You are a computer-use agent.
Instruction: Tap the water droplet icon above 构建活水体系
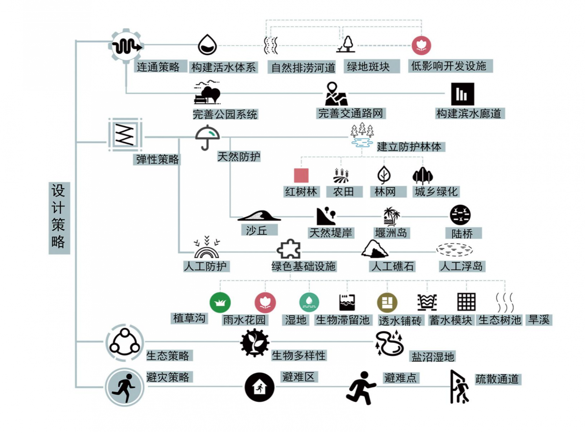(x=207, y=45)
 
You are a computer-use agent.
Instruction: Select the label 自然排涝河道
(x=303, y=67)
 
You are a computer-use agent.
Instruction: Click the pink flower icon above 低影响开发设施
(x=421, y=45)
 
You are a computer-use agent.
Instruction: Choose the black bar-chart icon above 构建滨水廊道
(x=462, y=94)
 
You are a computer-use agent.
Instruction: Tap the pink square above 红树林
(x=301, y=176)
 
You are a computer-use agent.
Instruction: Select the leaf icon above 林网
(x=384, y=175)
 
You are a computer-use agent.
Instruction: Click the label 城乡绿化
(x=436, y=192)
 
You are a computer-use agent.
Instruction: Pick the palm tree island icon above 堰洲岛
(x=392, y=216)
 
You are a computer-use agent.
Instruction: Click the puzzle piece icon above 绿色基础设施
(x=289, y=249)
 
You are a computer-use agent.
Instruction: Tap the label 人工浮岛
(x=461, y=266)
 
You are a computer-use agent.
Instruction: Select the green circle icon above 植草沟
(x=220, y=302)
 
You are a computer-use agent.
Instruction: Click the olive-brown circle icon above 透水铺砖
(x=387, y=303)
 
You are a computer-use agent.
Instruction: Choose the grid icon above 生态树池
(x=467, y=302)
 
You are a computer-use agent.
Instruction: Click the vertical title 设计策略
(x=58, y=217)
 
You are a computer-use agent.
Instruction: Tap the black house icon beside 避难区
(x=259, y=387)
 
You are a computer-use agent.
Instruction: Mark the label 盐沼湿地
(x=433, y=357)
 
